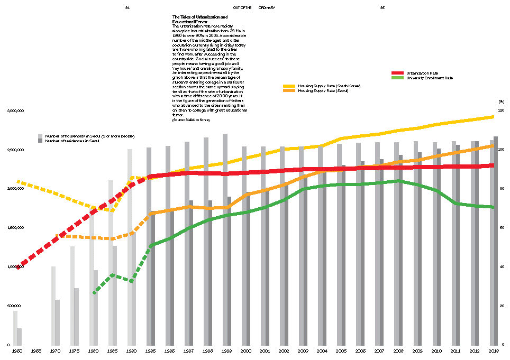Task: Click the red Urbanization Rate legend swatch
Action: [x=398, y=72]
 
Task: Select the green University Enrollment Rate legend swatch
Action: [x=398, y=78]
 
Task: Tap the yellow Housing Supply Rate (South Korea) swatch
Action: [x=289, y=86]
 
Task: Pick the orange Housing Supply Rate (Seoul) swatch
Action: [x=289, y=91]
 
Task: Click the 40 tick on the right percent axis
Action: [x=501, y=266]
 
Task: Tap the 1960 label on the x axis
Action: [x=17, y=350]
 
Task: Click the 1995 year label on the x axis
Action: [x=150, y=350]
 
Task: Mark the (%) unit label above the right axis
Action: [x=501, y=101]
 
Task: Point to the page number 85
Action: [x=382, y=8]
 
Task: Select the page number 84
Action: [x=127, y=8]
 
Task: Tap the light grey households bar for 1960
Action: [x=15, y=328]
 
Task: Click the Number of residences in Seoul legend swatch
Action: [x=40, y=141]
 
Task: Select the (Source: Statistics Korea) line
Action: [x=191, y=120]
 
